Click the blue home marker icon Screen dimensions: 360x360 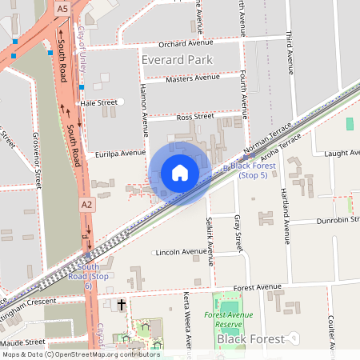[x=180, y=173]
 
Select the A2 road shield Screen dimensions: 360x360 [x=86, y=206]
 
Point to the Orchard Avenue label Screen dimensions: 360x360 [x=186, y=43]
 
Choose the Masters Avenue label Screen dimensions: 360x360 [x=192, y=78]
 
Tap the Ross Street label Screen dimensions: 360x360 [x=195, y=117]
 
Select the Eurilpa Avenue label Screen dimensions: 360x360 [x=120, y=152]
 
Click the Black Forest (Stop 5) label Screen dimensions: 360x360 [x=250, y=170]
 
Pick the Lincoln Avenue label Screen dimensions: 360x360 [x=182, y=252]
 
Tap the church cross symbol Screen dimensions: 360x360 [x=122, y=305]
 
